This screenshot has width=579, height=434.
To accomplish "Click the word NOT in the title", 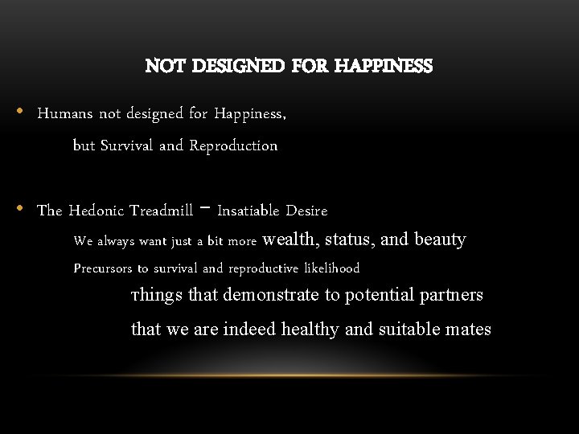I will tap(162, 66).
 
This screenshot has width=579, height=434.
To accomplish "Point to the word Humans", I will tap(65, 113).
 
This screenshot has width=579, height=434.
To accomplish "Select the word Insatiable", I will tap(248, 211).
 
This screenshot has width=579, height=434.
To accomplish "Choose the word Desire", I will tap(306, 211).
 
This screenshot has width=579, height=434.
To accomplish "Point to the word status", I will tap(350, 240).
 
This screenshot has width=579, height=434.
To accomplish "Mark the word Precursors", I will tap(103, 268).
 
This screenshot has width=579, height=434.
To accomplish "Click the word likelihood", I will tap(331, 268).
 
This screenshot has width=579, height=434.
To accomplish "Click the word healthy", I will tap(312, 329).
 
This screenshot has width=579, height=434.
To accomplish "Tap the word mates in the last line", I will tap(469, 329).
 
